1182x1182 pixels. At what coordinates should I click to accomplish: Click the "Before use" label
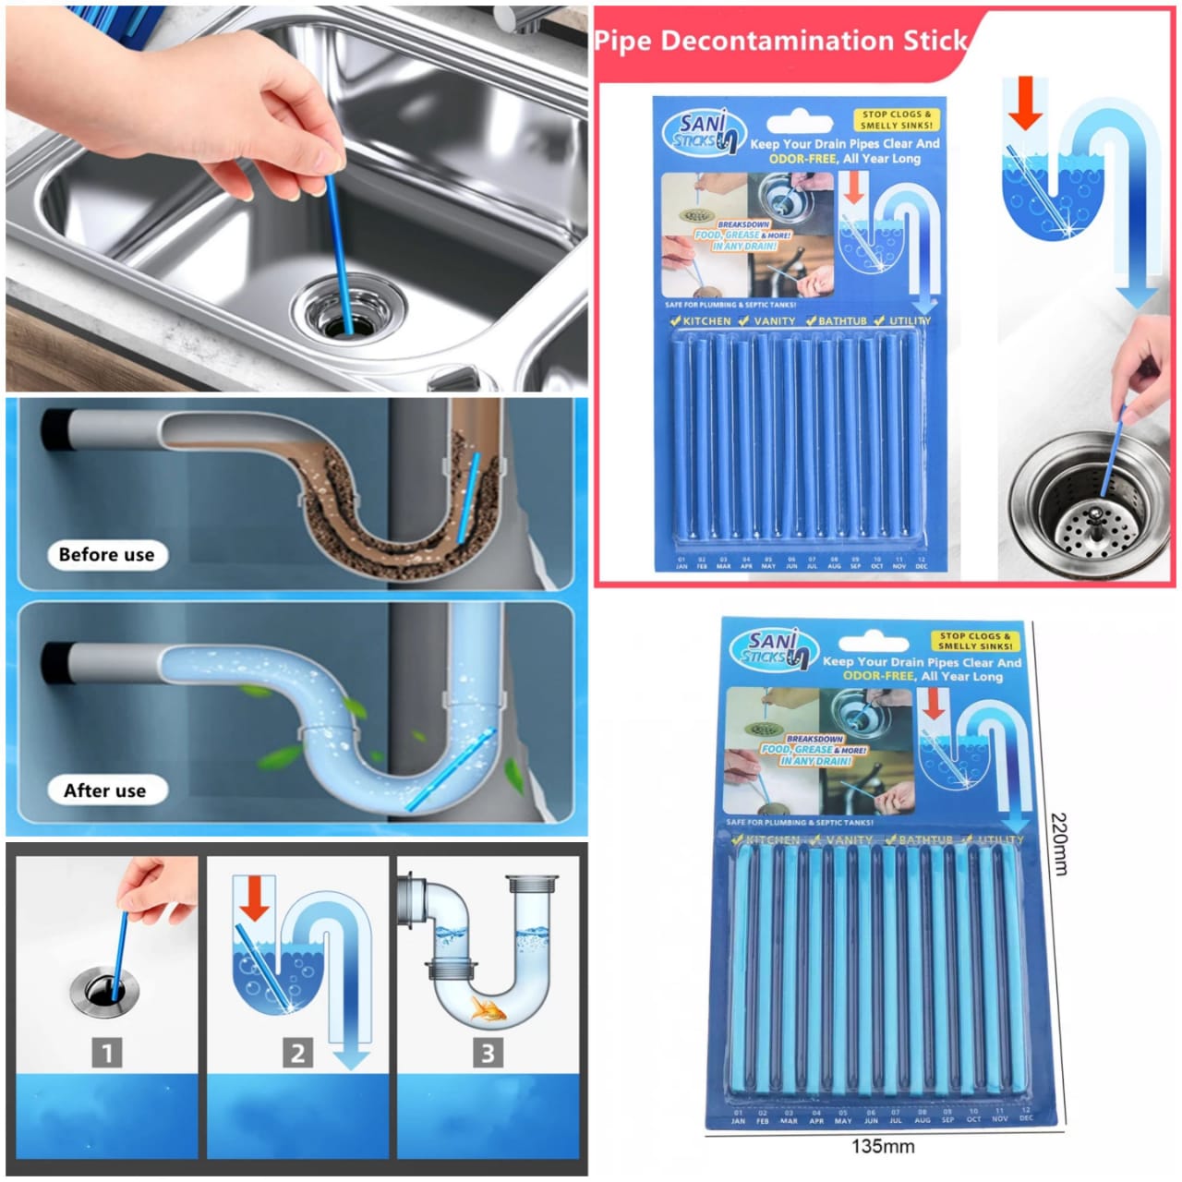tap(106, 555)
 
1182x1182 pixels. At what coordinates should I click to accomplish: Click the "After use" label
tap(104, 790)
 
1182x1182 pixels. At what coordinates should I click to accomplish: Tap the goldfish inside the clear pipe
tap(488, 1008)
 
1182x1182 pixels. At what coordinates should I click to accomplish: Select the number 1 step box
tap(107, 1052)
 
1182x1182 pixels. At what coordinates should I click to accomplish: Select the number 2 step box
tap(297, 1053)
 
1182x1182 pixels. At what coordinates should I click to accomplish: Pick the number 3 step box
tap(488, 1052)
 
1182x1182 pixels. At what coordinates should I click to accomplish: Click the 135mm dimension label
tap(882, 1146)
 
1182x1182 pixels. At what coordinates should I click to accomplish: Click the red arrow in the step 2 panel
tap(254, 899)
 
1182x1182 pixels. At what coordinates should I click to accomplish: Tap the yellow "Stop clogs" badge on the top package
tap(895, 120)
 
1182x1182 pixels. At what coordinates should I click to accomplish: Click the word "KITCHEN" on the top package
tap(706, 321)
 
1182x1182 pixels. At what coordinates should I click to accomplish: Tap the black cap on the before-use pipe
tap(57, 431)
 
